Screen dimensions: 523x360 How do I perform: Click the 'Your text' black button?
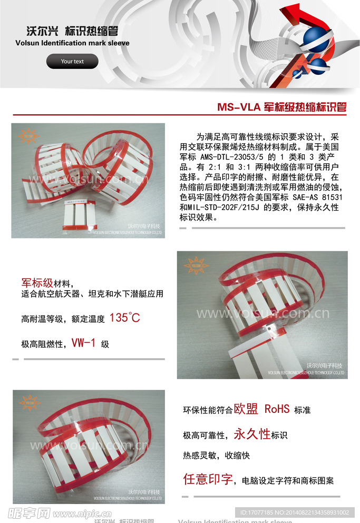click(x=72, y=62)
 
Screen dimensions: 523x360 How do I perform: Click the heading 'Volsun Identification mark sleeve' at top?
click(x=72, y=43)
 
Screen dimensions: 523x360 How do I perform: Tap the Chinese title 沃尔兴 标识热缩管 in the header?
click(x=72, y=31)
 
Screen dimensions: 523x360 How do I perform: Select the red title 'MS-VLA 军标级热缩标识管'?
click(x=281, y=107)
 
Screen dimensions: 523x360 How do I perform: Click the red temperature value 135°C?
click(x=124, y=318)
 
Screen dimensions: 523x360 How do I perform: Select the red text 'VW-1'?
click(x=84, y=343)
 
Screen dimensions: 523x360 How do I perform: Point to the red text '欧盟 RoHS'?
click(x=261, y=409)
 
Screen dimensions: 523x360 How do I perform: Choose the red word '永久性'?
click(x=252, y=434)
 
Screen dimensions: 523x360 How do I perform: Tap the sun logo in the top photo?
click(x=28, y=136)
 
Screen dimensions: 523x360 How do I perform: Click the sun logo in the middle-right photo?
click(x=196, y=265)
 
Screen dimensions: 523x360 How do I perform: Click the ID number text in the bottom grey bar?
click(x=294, y=512)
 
